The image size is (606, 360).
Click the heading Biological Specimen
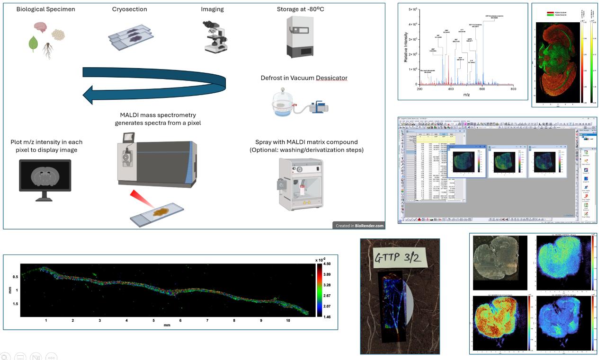click(x=45, y=9)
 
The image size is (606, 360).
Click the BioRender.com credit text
click(x=368, y=226)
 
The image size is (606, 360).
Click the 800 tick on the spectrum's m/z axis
click(x=513, y=89)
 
